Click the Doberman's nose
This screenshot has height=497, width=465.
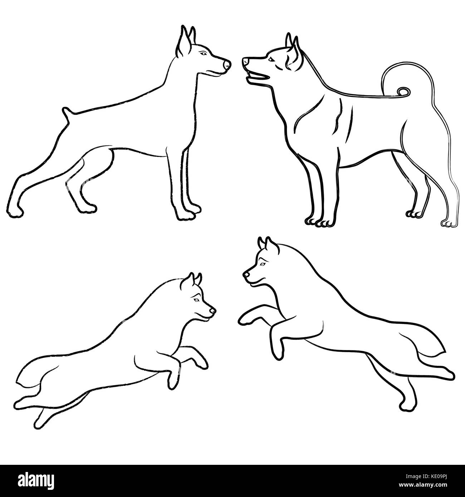(x=227, y=65)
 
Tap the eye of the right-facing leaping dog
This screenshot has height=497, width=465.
(x=196, y=300)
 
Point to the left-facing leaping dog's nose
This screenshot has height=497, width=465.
(x=246, y=275)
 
